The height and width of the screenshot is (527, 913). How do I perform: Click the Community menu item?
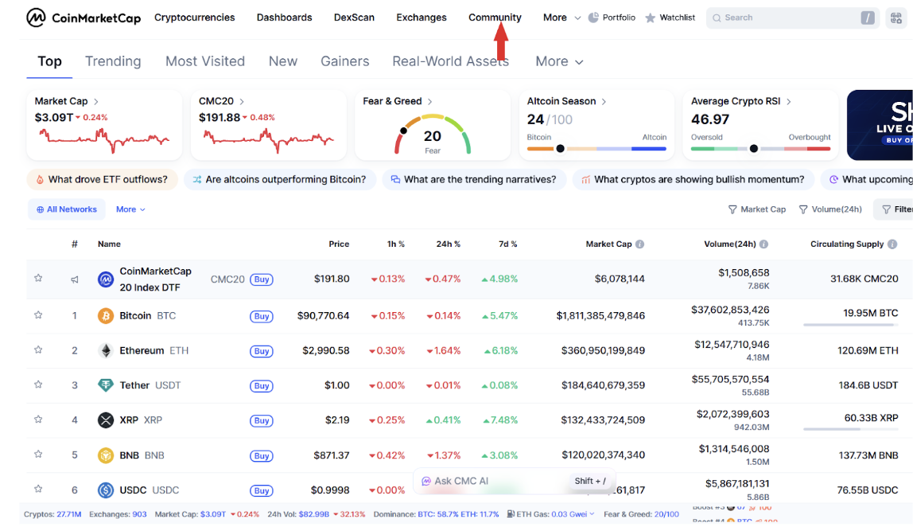pos(495,18)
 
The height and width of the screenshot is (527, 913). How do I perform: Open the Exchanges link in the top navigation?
pos(422,18)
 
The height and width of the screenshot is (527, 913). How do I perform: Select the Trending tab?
pos(113,61)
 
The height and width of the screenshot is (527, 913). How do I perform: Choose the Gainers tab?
pos(345,61)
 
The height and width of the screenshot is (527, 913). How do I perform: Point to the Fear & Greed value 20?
pos(433,136)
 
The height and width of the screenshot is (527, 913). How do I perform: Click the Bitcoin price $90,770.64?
pos(324,316)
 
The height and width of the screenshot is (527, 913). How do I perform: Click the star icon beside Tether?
pos(38,385)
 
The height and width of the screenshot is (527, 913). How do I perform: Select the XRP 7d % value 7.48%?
pos(499,420)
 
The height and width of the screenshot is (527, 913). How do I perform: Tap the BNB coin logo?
pos(106,455)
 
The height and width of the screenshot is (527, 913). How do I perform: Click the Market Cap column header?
pos(609,244)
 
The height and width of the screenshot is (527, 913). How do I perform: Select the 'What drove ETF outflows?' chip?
pos(102,180)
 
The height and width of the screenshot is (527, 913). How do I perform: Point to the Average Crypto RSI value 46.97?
pos(710,119)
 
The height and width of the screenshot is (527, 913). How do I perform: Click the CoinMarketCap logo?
pos(84,18)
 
